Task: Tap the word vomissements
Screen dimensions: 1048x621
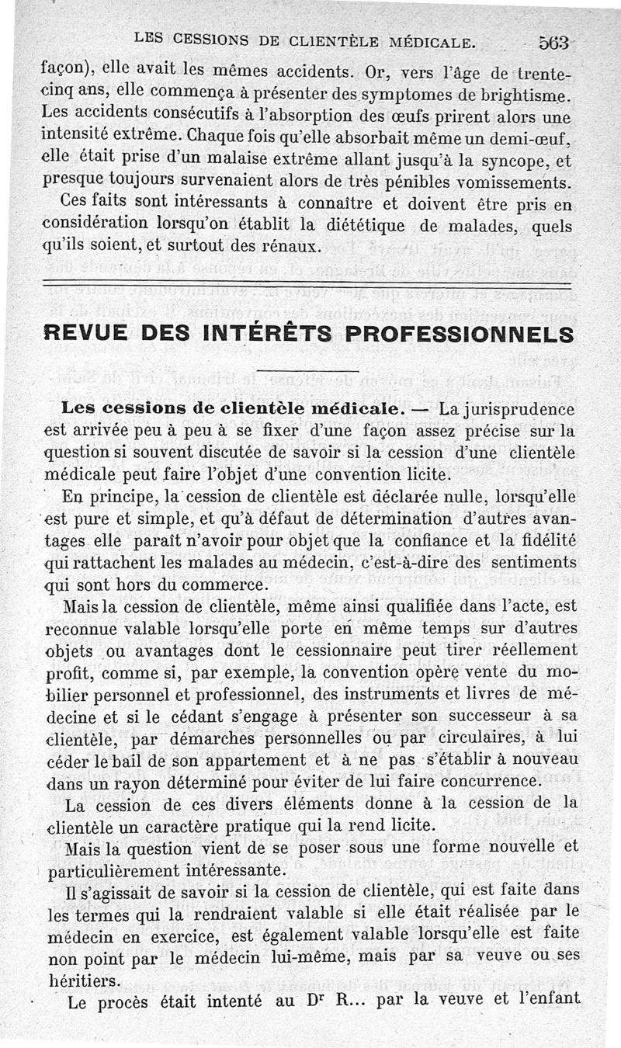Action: [x=518, y=185]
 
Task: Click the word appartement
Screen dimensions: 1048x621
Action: [x=269, y=758]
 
